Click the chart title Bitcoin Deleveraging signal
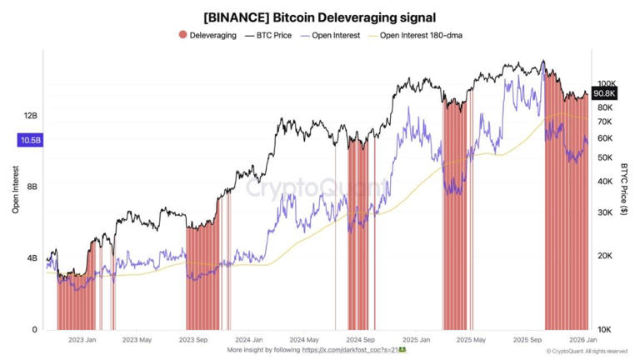tap(320, 17)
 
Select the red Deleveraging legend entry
tap(207, 36)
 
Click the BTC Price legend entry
tap(272, 36)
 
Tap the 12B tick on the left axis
tap(30, 116)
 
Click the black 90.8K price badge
tap(604, 94)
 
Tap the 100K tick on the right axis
tap(606, 84)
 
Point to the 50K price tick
tap(604, 157)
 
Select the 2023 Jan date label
tap(82, 340)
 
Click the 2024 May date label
tap(304, 340)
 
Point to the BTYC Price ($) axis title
tap(624, 190)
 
